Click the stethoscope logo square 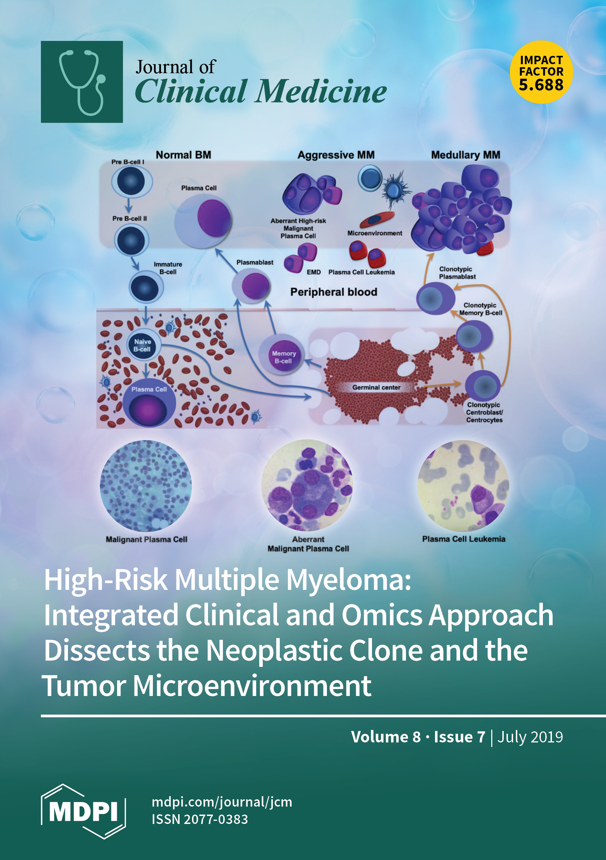pos(82,81)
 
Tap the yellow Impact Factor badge pos(541,72)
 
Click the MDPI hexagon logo pos(83,811)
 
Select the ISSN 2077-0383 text pos(200,819)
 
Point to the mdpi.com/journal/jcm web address pos(222,802)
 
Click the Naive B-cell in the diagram pos(142,345)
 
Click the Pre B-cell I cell pos(131,181)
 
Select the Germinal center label pos(376,387)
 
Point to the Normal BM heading pos(183,155)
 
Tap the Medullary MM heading pos(466,155)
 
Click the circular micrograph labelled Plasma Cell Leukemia pos(463,486)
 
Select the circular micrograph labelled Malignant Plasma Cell pos(146,486)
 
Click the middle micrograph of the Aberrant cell pos(307,485)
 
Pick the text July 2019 pos(530,737)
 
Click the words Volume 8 pos(386,737)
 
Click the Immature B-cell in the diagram pos(146,287)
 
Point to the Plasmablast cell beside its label pos(251,285)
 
